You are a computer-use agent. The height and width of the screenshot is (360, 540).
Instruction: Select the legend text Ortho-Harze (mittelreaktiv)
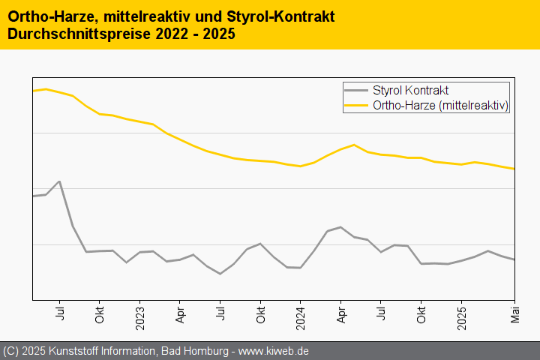coord(441,106)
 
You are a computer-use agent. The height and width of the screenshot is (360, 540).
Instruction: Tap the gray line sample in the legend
coord(356,91)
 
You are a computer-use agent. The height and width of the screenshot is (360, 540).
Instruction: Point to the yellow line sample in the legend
coord(356,106)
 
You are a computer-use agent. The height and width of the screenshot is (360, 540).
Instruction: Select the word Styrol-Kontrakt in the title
coord(280,16)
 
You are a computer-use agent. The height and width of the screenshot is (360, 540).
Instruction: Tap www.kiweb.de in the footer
coord(274,351)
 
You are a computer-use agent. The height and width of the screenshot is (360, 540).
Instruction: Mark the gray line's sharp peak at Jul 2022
coord(59,181)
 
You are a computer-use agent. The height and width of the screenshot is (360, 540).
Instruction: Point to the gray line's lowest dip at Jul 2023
coord(220,274)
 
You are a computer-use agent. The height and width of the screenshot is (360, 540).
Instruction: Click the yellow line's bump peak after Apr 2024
coord(354,145)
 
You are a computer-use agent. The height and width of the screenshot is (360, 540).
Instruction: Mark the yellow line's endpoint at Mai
coord(514,169)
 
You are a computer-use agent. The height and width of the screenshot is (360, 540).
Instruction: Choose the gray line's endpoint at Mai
coord(514,259)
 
